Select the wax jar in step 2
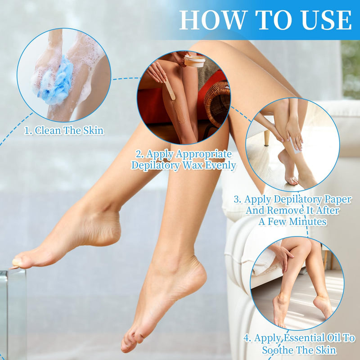click(x=194, y=61)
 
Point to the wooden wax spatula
click(x=170, y=89)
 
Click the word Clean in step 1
click(x=48, y=130)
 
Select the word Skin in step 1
click(x=93, y=130)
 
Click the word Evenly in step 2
click(x=220, y=166)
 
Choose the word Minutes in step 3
click(x=308, y=221)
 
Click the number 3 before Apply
click(x=237, y=199)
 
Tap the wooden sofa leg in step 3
click(x=266, y=138)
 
